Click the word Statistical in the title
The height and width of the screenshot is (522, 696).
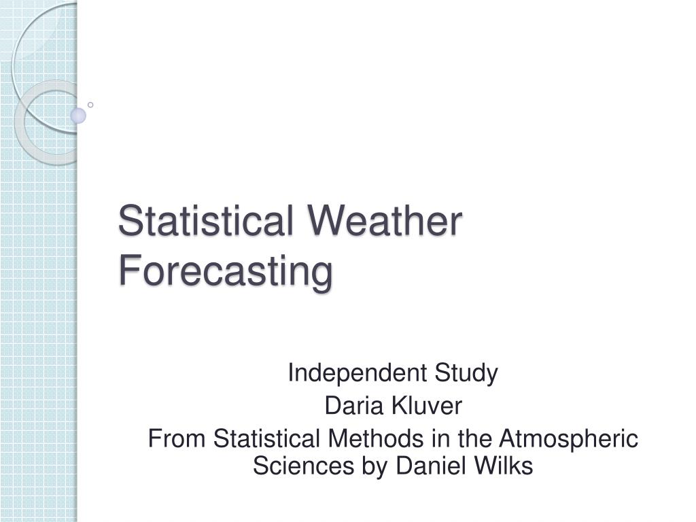[206, 222]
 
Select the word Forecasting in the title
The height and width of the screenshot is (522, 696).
[226, 271]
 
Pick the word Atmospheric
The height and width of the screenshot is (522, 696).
[571, 439]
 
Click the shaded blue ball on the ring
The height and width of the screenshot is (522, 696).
[79, 116]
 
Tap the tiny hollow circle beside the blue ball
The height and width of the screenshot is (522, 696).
[90, 105]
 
